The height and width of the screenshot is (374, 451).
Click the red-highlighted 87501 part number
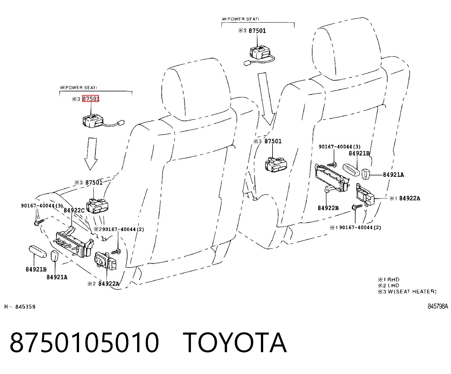[90, 99]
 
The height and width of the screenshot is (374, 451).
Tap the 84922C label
[74, 210]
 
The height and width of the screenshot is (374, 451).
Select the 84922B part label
[328, 208]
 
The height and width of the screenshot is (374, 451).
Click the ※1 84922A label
[405, 198]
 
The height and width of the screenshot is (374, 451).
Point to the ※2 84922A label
[103, 283]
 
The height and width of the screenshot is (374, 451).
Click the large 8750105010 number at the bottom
[84, 343]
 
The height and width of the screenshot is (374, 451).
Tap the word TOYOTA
[235, 343]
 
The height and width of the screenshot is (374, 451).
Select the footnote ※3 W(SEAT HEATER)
[407, 291]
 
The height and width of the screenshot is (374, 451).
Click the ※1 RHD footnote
[389, 280]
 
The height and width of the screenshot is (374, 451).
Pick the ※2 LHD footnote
[388, 285]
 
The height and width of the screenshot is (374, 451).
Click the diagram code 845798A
[438, 306]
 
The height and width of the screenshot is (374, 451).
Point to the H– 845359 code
[20, 306]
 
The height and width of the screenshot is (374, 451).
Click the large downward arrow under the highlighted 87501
[91, 154]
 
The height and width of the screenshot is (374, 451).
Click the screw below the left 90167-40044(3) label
[39, 222]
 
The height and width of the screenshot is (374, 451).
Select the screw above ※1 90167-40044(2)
[357, 207]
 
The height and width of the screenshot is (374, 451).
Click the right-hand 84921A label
[393, 175]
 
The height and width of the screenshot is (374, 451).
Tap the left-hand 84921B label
[36, 269]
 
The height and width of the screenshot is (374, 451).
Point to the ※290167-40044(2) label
[119, 229]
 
